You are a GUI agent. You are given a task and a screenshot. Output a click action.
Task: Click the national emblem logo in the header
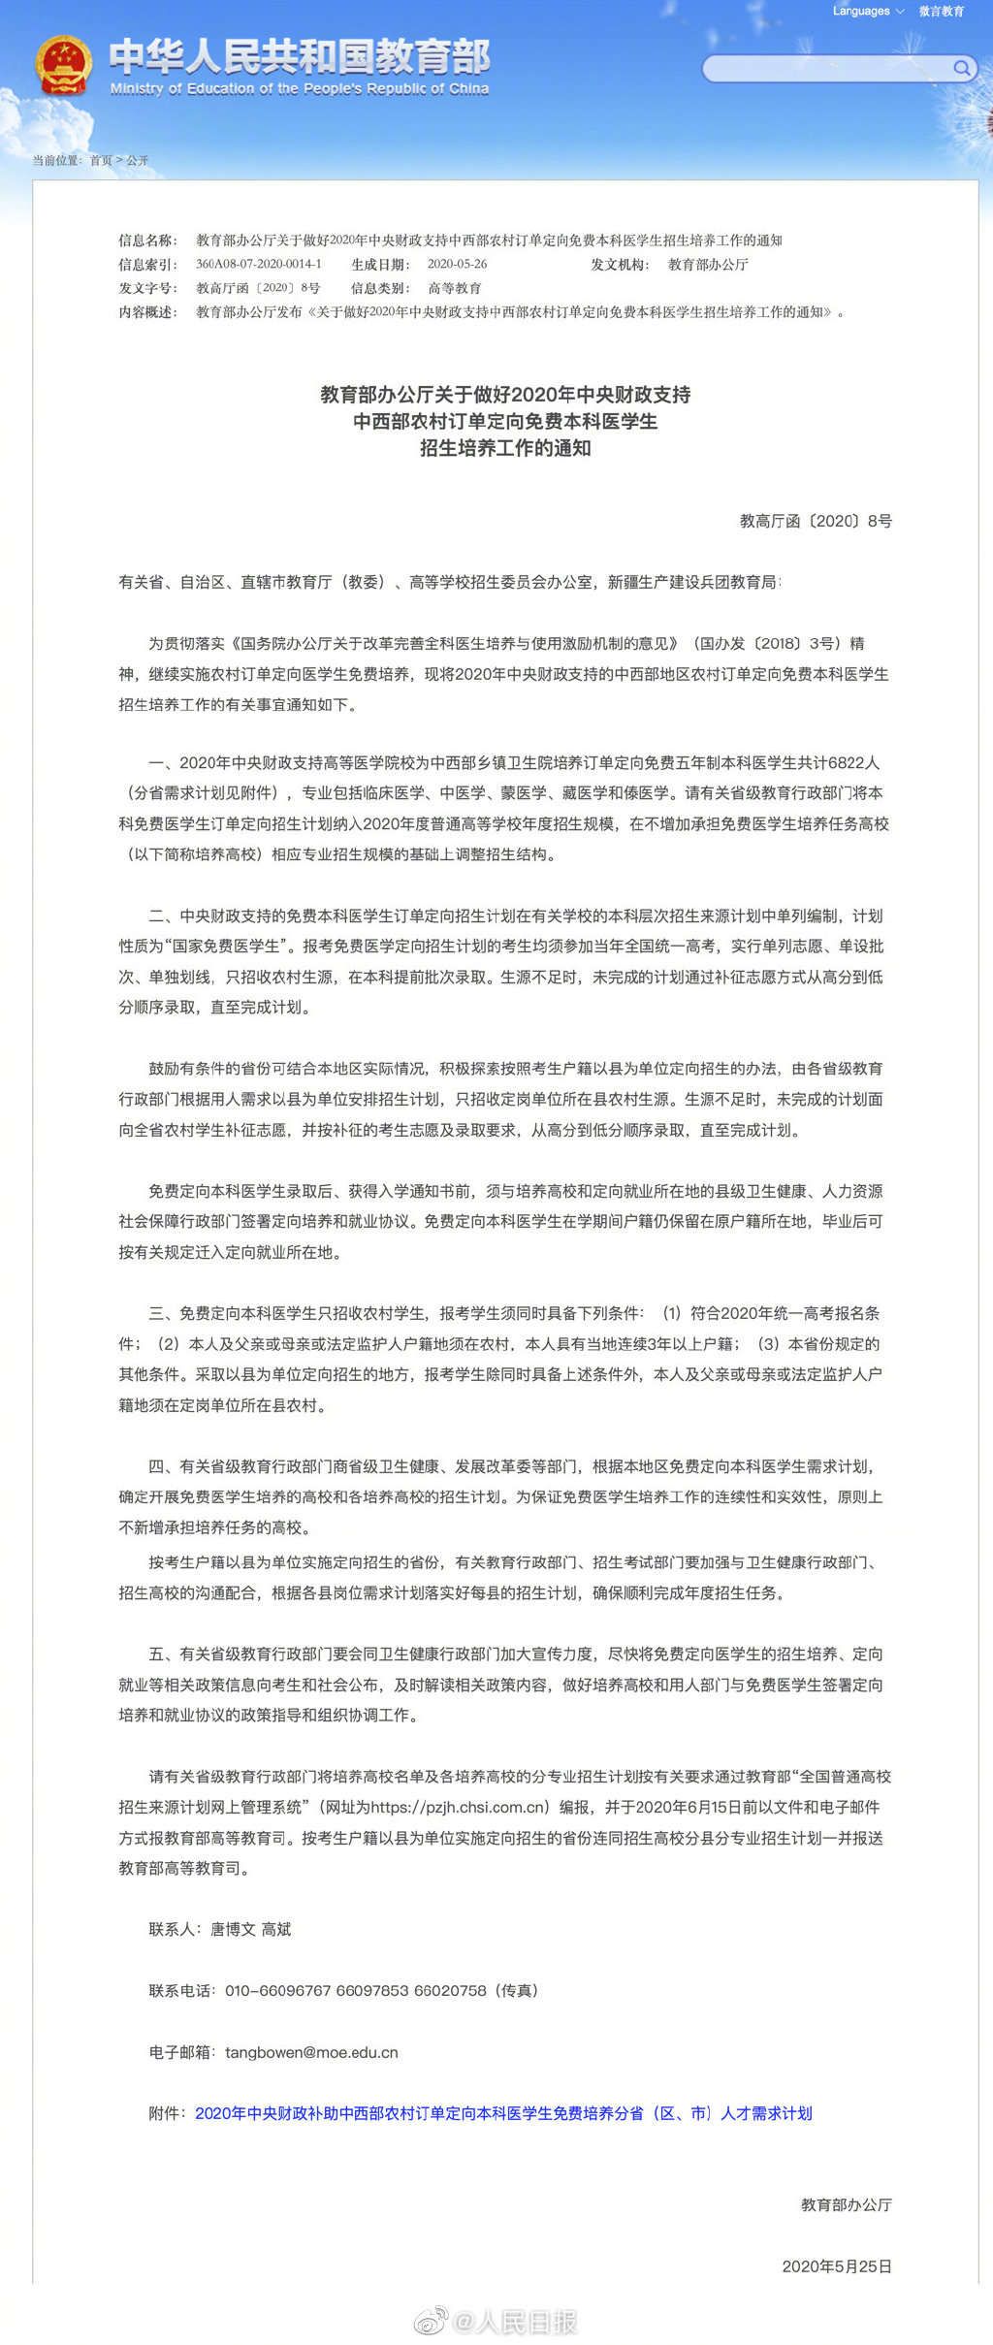(x=64, y=66)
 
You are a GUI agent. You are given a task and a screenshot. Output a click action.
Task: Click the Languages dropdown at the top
(x=867, y=12)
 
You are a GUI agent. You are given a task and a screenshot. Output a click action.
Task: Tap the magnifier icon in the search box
(x=961, y=68)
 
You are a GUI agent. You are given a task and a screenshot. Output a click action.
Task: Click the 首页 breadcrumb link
(x=101, y=161)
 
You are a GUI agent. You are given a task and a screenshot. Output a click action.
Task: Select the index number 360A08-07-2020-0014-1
(x=258, y=265)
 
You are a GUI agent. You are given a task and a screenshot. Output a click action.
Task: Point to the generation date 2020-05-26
(x=457, y=265)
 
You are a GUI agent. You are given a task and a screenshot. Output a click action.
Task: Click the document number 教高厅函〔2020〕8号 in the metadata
(x=258, y=288)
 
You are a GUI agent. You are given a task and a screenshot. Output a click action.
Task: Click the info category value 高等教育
(x=455, y=288)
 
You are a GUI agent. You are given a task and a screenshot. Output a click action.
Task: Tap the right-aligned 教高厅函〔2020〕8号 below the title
(x=816, y=522)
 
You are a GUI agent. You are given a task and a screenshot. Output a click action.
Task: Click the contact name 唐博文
(x=233, y=1930)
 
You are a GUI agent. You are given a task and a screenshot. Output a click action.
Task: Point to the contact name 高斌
(x=276, y=1930)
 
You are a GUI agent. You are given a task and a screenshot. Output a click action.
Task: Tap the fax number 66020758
(x=450, y=1991)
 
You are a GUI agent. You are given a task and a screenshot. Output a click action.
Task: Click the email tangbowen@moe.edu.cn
(x=311, y=2053)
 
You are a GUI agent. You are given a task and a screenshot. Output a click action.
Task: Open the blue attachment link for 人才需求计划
(x=503, y=2114)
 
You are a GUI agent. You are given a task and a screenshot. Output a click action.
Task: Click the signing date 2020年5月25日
(x=837, y=2266)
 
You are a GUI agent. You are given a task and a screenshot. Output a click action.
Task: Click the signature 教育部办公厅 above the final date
(x=846, y=2205)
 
